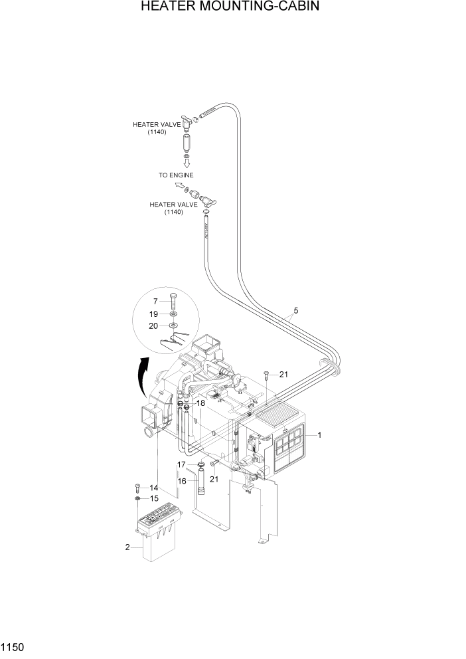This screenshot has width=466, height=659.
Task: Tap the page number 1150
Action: [x=15, y=646]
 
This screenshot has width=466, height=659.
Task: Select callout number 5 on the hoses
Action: [x=295, y=310]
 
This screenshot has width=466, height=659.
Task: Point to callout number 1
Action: [x=319, y=435]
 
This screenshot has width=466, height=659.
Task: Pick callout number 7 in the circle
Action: [x=157, y=301]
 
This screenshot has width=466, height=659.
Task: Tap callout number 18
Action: [x=200, y=403]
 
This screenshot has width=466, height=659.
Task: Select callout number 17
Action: [x=181, y=464]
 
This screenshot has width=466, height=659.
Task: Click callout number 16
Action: [x=181, y=480]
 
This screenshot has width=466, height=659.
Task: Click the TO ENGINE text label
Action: [x=176, y=175]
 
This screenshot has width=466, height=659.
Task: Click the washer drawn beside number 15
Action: [x=137, y=498]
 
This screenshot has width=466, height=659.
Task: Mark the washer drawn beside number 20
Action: [x=173, y=326]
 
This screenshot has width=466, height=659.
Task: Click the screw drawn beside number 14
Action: [x=137, y=488]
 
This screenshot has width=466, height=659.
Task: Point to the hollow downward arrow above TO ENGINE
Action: [x=187, y=161]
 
